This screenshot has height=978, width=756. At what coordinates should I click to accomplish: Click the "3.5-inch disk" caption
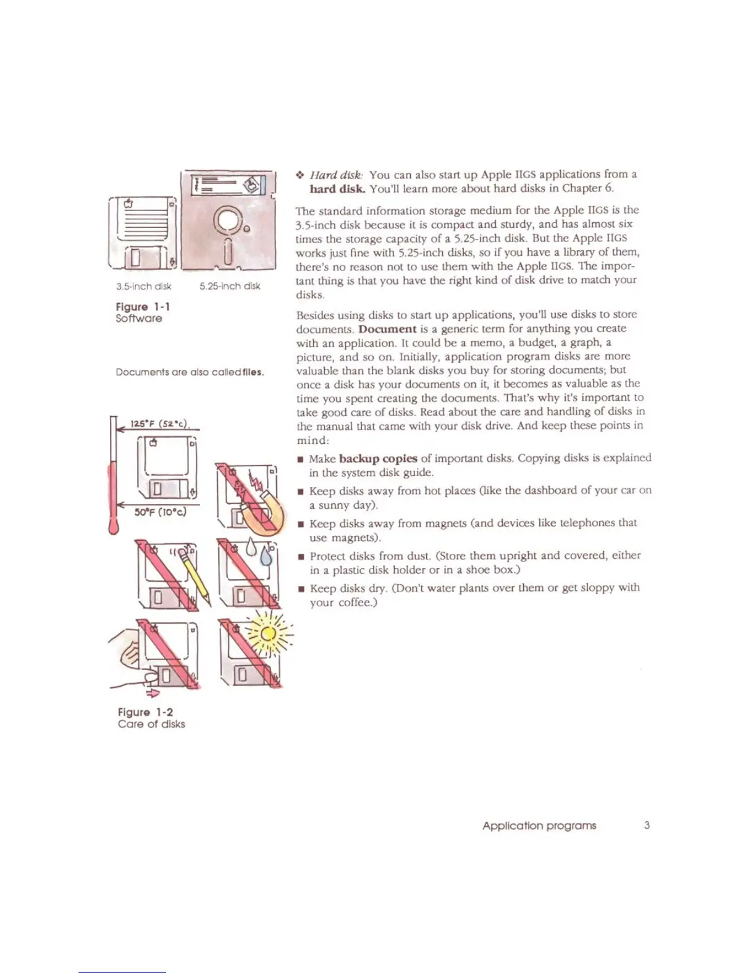[x=143, y=286]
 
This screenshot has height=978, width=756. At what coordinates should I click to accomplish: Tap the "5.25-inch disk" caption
[x=230, y=286]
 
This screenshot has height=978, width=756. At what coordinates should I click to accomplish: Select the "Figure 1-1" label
[x=143, y=307]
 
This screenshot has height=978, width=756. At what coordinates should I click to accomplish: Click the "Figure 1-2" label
[x=145, y=712]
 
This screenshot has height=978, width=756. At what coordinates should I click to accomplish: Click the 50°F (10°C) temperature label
[x=161, y=512]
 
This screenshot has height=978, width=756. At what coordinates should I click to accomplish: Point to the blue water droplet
[x=266, y=556]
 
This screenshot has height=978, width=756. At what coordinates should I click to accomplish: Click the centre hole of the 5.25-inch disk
[x=228, y=219]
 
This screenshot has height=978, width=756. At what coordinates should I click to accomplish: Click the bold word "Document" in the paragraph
[x=387, y=329]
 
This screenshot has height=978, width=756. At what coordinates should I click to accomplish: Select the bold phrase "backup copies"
[x=378, y=458]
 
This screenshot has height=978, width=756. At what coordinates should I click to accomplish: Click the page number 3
[x=647, y=825]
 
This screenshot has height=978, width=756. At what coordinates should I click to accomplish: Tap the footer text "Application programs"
[x=539, y=825]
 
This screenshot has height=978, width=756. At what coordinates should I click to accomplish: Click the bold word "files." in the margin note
[x=253, y=372]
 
